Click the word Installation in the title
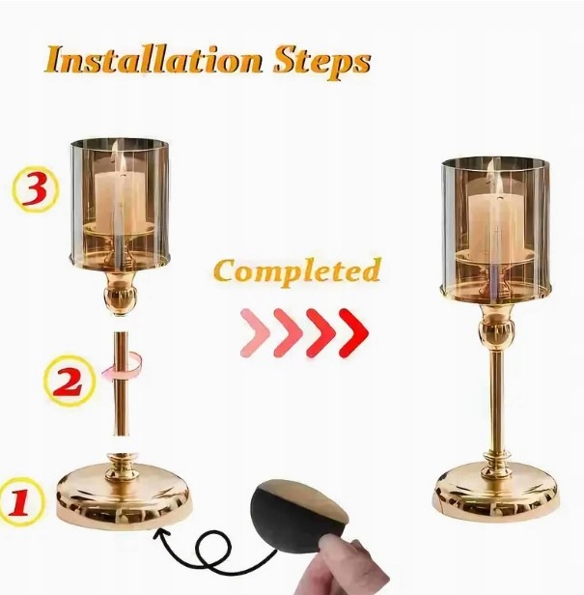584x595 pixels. tap(153, 60)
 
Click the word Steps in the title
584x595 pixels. tap(322, 63)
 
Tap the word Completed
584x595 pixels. tap(297, 271)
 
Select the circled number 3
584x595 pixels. tap(36, 188)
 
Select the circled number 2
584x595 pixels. tap(68, 381)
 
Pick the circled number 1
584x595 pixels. tap(21, 501)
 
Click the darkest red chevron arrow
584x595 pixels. tap(353, 333)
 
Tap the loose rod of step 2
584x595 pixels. tap(121, 384)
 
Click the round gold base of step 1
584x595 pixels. tap(123, 495)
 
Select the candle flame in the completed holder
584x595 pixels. tap(499, 184)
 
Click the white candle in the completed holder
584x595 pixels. tap(496, 227)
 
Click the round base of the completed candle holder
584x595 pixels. tap(495, 494)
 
